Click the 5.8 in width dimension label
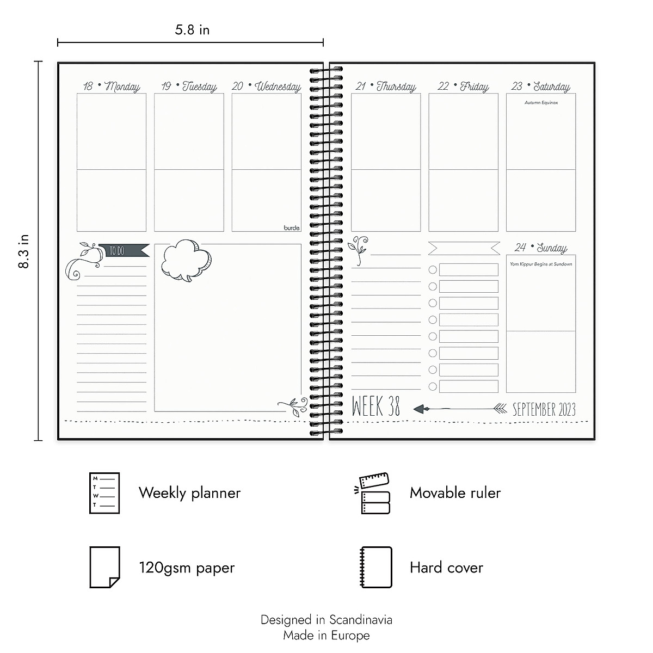pos(192,30)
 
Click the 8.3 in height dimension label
pos(23,251)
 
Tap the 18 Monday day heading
pos(112,87)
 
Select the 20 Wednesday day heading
pos(267,87)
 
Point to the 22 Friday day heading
pos(463,87)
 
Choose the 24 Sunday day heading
pos(541,248)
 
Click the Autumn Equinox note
pos(541,102)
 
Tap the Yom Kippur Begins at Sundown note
pos(541,264)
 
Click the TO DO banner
pos(123,251)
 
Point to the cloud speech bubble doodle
pos(186,260)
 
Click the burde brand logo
pos(292,228)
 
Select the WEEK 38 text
pos(376,407)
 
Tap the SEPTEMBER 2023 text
pos(544,409)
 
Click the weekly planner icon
pos(104,493)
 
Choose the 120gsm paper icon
pos(104,568)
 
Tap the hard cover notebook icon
pos(376,568)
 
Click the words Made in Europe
pos(326,635)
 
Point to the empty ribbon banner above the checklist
pos(464,249)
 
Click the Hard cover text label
pos(446,568)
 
